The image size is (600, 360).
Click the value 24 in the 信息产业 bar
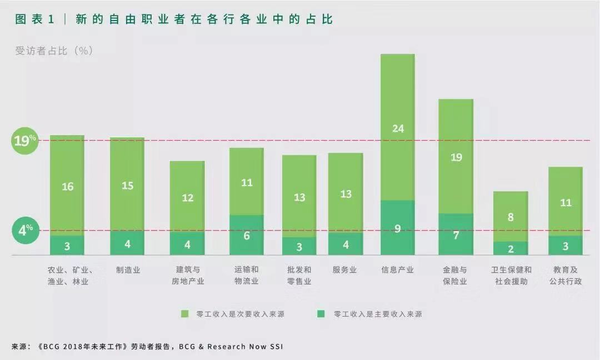coord(398,128)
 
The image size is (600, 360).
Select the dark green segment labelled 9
coord(398,228)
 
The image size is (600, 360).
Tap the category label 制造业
coord(128,270)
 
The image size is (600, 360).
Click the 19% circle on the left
coord(25,141)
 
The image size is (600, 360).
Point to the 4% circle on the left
coord(26,230)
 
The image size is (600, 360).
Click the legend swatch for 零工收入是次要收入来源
coord(185,314)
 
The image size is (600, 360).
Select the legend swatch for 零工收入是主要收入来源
coord(321,314)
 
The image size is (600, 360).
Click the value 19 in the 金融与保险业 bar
coord(456,157)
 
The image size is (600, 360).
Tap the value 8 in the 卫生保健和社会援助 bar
coord(511,217)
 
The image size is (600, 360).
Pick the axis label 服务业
coord(344,270)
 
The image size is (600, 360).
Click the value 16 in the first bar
coord(67,187)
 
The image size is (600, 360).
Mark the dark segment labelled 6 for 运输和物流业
coord(247,235)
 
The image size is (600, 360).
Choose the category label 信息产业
coord(397,270)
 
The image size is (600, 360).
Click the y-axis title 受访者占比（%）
coord(54,51)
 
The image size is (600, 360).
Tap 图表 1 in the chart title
coord(35,19)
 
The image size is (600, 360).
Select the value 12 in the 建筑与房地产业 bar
coord(188,197)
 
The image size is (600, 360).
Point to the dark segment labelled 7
coord(456,235)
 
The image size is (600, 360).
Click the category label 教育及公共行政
coord(565,276)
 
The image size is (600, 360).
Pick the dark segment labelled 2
coord(511,248)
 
